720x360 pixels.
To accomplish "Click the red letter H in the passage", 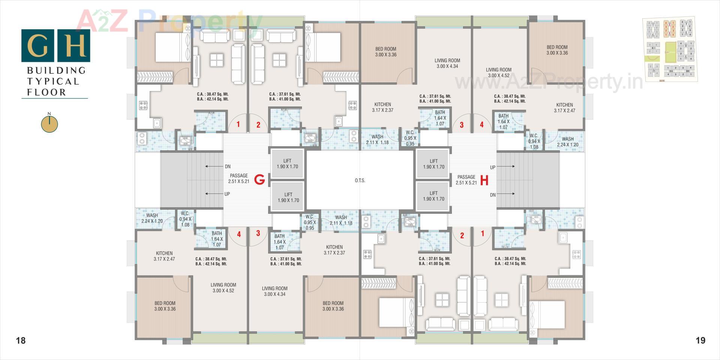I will pos(484,180).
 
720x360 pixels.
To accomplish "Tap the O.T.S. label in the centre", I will pos(360,180).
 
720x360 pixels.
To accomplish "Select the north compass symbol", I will pos(49,124).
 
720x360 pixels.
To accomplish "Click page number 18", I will pos(21,340).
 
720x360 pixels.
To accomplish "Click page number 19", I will pos(700,340).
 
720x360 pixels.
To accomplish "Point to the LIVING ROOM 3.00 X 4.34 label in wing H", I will pos(447,63).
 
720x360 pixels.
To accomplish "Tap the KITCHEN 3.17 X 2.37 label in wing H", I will pos(382,107).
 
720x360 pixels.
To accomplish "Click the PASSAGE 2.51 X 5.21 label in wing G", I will pos(239,178).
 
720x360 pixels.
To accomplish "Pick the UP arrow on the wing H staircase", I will pos(502,167).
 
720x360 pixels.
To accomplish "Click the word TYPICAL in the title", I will pos(52,81).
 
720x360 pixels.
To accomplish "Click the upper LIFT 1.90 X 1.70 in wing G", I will pos(287,164).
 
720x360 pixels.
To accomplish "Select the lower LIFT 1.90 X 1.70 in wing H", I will pos(433,196).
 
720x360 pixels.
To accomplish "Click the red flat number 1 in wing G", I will pos(238,124).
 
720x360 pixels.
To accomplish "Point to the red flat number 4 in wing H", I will pos(481,125).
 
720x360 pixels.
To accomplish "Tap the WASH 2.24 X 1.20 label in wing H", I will pos(567,142).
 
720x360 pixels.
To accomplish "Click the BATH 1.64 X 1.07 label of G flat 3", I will pos(279,242).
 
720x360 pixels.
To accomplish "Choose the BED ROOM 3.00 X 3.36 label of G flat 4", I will pos(165,306).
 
